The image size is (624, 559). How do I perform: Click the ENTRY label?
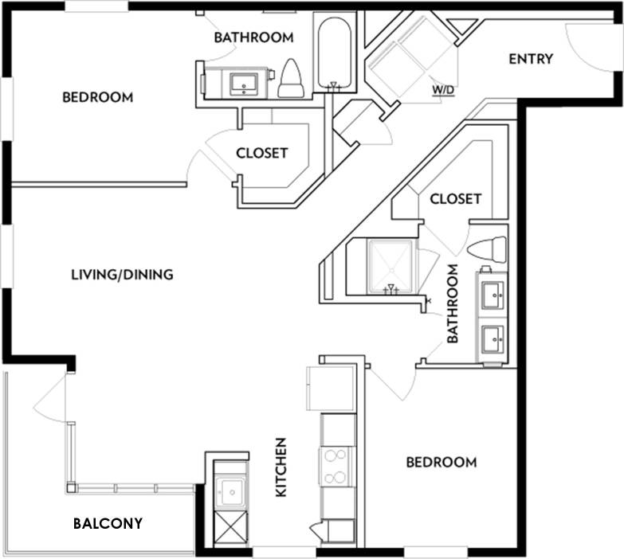tap(530, 59)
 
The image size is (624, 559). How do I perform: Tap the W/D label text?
tap(443, 89)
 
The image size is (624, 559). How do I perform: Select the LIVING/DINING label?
tap(122, 275)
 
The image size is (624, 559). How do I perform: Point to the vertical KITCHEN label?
tap(281, 467)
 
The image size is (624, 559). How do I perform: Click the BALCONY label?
tap(108, 523)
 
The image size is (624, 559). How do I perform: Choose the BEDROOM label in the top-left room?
tap(97, 97)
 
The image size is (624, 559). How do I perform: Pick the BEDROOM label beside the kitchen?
tap(442, 462)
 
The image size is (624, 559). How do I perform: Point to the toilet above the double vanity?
tap(487, 249)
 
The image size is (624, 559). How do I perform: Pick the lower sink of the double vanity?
tap(493, 341)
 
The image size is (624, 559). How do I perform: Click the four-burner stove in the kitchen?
tap(337, 466)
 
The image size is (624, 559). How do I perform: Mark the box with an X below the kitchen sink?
tap(231, 528)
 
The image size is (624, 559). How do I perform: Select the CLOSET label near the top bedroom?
tap(261, 153)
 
